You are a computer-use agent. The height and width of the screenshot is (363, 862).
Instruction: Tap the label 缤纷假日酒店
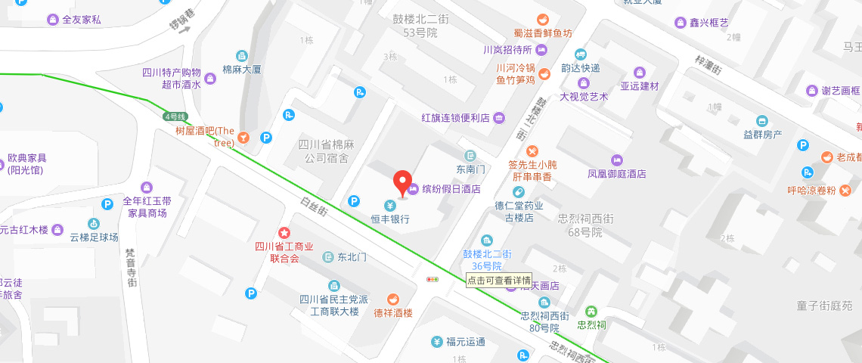[451, 189]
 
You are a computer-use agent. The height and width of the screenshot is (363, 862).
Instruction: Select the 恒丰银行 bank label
[390, 219]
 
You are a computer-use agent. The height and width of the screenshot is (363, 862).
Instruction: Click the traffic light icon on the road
[433, 279]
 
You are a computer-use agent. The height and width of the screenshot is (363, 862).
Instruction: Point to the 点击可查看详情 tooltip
[498, 279]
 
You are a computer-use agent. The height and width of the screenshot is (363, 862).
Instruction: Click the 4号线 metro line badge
[175, 116]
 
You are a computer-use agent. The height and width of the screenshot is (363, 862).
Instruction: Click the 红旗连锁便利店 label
[456, 118]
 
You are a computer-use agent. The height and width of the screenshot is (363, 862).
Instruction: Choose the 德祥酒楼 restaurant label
[393, 312]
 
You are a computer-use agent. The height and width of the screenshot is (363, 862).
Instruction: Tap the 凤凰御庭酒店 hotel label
[617, 173]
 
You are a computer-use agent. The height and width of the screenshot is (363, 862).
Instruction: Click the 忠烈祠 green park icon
[591, 311]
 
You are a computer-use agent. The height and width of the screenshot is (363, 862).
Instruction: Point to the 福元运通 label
[465, 342]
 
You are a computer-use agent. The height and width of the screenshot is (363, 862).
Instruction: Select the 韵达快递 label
[580, 67]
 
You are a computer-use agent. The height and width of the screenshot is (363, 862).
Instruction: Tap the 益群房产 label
[762, 134]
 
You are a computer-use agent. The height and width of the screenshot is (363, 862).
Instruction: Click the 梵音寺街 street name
[130, 268]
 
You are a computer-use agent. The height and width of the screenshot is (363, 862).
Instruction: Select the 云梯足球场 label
[94, 237]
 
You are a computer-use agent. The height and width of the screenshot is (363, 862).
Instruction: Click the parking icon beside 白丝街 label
[353, 201]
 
